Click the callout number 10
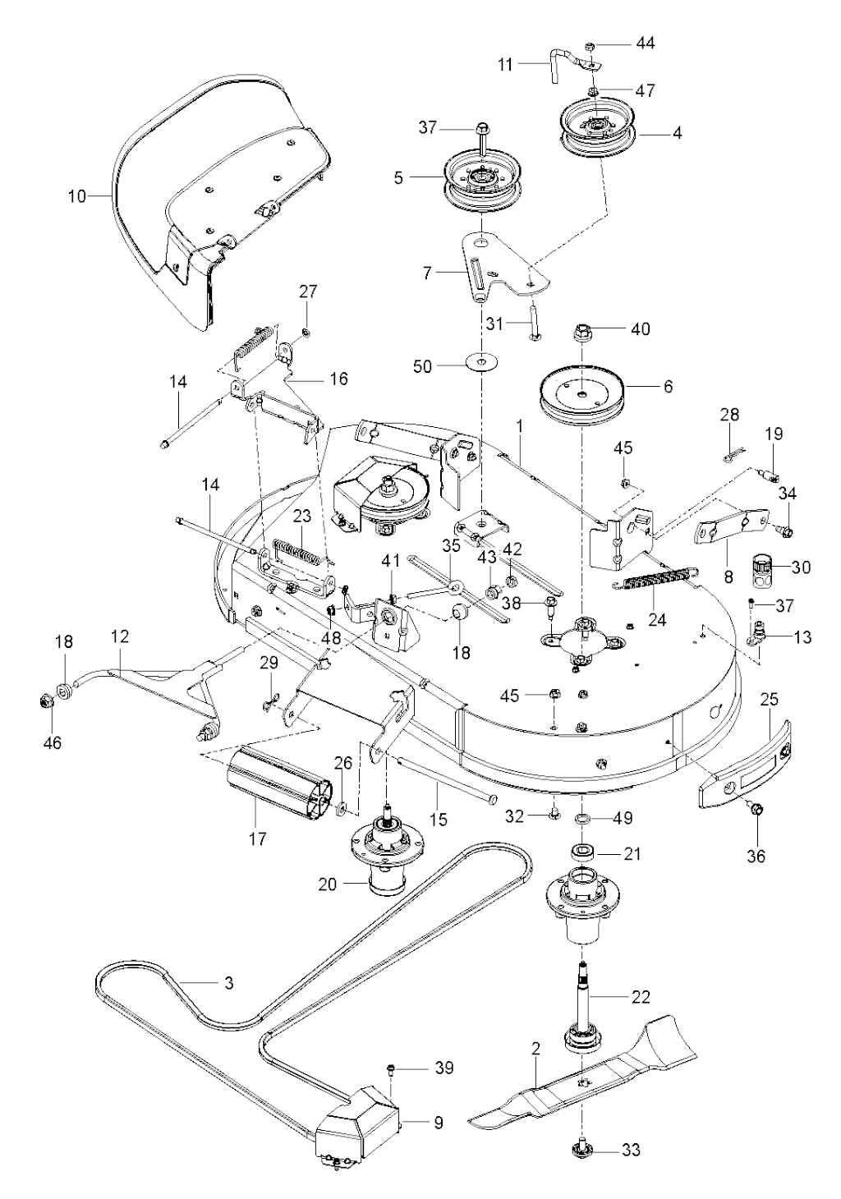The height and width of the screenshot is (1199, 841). (x=77, y=196)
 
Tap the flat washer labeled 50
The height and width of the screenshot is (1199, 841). (x=481, y=363)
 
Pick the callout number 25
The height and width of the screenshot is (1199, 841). (x=769, y=701)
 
